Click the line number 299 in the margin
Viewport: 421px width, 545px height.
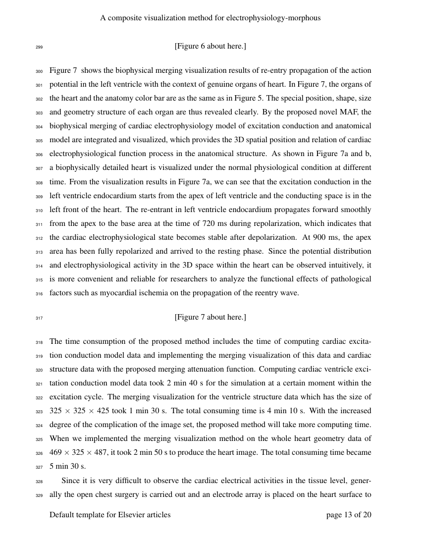pos(39,47)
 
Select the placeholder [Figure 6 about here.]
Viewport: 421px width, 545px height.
pos(210,46)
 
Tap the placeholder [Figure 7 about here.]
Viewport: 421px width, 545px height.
pos(210,317)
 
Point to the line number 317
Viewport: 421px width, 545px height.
pos(39,318)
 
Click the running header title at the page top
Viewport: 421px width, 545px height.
pos(210,18)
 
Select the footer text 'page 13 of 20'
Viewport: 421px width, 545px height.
pos(349,515)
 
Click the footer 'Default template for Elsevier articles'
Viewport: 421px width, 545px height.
pos(110,515)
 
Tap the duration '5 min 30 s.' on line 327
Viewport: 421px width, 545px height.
pos(68,466)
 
